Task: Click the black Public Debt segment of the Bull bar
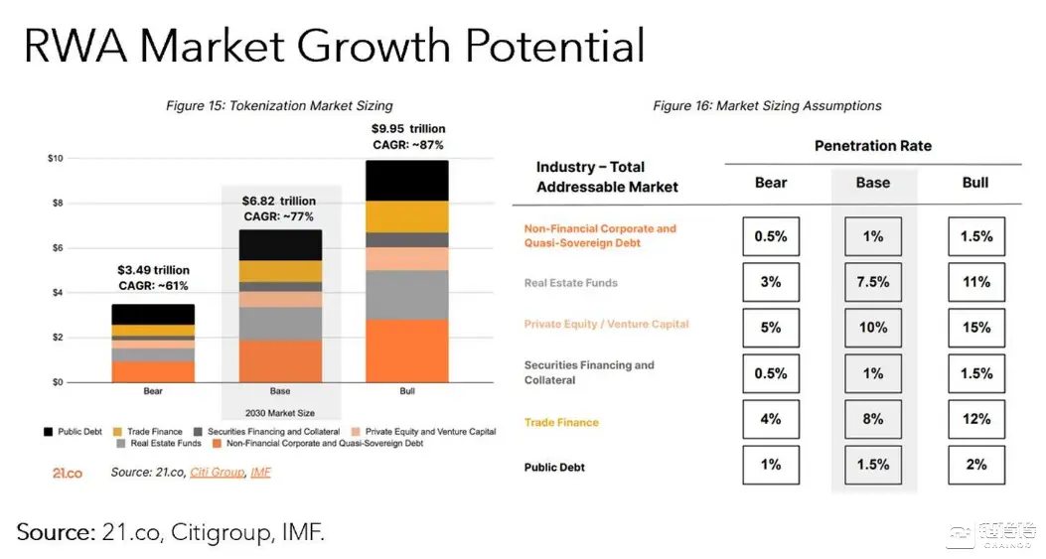point(406,181)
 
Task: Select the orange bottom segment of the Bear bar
point(153,371)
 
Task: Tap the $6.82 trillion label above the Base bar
point(279,201)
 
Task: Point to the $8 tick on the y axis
point(57,203)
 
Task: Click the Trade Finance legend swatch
point(117,432)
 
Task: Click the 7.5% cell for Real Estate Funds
point(873,282)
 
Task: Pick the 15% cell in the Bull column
point(975,328)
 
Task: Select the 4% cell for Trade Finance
point(770,419)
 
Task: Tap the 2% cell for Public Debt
point(975,465)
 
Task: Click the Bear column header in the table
point(770,183)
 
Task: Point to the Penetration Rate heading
point(873,146)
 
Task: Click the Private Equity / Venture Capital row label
point(606,324)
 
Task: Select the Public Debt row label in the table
point(554,467)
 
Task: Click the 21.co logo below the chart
point(68,473)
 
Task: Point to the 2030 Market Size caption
point(280,413)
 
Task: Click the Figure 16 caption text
point(767,106)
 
